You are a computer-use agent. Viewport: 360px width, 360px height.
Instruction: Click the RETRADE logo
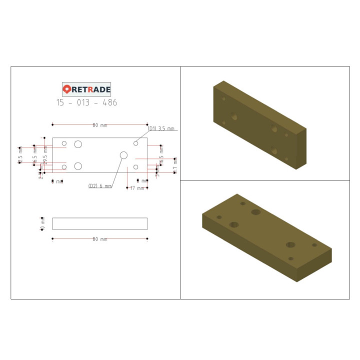point(86,89)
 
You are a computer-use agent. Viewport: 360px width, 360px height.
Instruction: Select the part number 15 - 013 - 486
point(86,103)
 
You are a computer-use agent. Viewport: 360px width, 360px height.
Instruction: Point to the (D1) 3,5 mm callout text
point(161,129)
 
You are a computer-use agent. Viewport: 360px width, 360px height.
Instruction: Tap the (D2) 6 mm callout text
point(100,186)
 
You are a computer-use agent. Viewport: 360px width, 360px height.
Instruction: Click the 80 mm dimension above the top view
point(99,125)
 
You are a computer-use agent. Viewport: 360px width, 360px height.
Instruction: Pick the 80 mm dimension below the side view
point(99,239)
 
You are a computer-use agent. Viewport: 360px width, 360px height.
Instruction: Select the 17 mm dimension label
point(137,188)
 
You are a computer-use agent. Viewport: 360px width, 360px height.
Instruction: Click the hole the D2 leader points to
point(124,155)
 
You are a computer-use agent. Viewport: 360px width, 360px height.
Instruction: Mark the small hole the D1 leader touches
point(135,143)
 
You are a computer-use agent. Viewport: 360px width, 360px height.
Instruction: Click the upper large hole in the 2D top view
point(78,144)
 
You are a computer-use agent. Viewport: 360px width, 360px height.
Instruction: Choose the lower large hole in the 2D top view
point(78,166)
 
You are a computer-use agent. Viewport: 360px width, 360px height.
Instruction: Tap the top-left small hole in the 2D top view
point(64,144)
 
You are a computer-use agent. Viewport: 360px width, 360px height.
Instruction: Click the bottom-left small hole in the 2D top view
point(64,167)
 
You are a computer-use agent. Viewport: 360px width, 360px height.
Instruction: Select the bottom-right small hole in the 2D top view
point(135,167)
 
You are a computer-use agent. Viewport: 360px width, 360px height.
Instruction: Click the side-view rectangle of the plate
point(99,223)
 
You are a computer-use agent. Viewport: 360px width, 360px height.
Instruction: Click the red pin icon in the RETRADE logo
point(67,89)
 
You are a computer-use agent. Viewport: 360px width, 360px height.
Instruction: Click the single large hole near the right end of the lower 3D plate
point(290,245)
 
